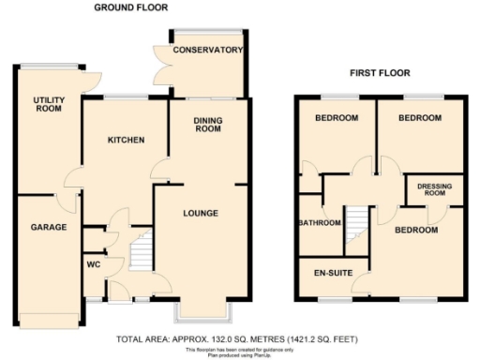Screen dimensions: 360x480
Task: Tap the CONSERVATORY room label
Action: click(x=208, y=50)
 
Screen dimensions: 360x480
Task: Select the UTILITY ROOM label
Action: click(x=47, y=104)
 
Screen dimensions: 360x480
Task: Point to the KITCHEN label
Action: click(x=126, y=140)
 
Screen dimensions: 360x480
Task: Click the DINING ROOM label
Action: click(x=208, y=125)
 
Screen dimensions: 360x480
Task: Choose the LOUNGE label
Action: click(x=201, y=214)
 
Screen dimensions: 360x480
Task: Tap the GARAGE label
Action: click(x=46, y=228)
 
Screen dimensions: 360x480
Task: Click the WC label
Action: click(x=93, y=264)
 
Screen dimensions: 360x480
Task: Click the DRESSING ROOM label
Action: click(x=434, y=190)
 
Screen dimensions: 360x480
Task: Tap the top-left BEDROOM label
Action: click(x=336, y=118)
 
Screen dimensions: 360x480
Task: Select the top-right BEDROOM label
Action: click(x=419, y=118)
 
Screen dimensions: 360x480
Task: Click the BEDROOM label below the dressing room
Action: click(x=416, y=229)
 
